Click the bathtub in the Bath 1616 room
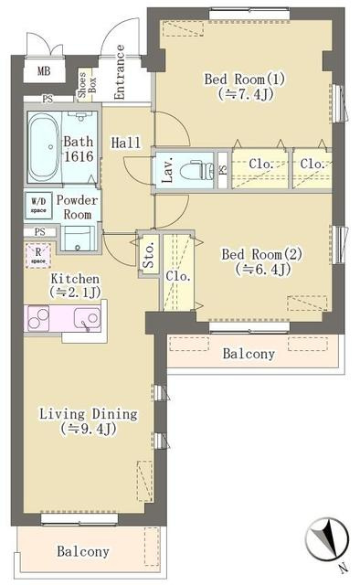pyautogui.click(x=43, y=147)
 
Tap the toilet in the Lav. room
pyautogui.click(x=194, y=170)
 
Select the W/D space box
pyautogui.click(x=38, y=206)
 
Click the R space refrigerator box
pyautogui.click(x=38, y=255)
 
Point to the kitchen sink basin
pyautogui.click(x=88, y=318)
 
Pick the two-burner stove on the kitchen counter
pyautogui.click(x=38, y=319)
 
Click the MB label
pyautogui.click(x=44, y=70)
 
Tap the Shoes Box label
pyautogui.click(x=87, y=85)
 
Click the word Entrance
pyautogui.click(x=120, y=72)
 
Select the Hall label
pyautogui.click(x=126, y=143)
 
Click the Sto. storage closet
pyautogui.click(x=148, y=255)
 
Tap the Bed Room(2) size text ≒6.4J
pyautogui.click(x=263, y=269)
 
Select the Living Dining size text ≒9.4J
pyautogui.click(x=89, y=429)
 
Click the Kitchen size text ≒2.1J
pyautogui.click(x=75, y=292)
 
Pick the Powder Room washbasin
pyautogui.click(x=78, y=239)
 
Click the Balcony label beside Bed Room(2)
pyautogui.click(x=249, y=354)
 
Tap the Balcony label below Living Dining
pyautogui.click(x=83, y=551)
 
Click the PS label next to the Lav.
pyautogui.click(x=223, y=170)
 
